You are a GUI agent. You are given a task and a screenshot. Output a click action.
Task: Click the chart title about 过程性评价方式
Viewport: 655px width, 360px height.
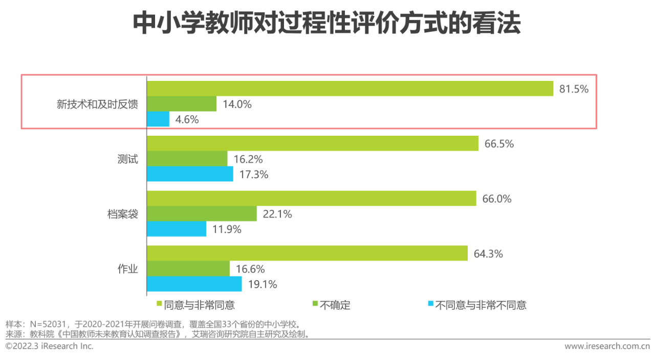coord(327,24)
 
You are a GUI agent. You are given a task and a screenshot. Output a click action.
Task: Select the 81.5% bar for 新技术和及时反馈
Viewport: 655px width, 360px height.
coord(350,89)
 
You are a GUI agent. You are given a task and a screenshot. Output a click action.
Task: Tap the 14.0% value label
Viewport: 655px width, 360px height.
coord(237,104)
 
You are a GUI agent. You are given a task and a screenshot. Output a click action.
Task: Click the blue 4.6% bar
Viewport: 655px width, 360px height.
coord(158,119)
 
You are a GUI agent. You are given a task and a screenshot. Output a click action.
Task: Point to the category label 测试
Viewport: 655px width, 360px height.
coord(128,159)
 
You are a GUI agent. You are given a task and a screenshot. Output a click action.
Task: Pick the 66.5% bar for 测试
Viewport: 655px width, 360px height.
coord(313,144)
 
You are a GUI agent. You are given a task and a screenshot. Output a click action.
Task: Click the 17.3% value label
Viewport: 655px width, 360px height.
coord(254,174)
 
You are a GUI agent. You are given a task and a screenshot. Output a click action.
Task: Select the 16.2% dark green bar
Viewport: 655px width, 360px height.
coord(187,159)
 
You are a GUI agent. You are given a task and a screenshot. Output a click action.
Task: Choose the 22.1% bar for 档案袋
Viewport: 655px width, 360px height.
coord(202,214)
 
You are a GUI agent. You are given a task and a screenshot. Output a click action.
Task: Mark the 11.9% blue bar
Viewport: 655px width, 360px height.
coord(177,229)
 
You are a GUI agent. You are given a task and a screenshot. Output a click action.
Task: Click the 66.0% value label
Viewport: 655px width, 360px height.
coord(497,199)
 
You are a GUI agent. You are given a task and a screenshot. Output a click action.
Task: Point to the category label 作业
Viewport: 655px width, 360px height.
coord(128,269)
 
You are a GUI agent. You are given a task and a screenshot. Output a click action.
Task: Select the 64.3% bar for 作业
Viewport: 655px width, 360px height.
coord(308,253)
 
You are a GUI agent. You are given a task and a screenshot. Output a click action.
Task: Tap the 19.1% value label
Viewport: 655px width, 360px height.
coord(263,284)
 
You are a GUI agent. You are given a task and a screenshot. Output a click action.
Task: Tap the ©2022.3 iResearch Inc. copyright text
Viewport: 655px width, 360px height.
coord(50,347)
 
